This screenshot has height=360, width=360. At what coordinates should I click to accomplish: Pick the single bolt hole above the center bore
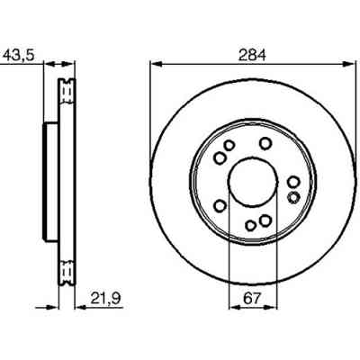point(265,142)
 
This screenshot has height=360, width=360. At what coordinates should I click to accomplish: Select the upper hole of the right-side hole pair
point(294,183)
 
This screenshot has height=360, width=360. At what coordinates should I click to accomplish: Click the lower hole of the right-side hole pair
point(292,196)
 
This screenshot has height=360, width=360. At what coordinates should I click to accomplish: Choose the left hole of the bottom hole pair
point(249,225)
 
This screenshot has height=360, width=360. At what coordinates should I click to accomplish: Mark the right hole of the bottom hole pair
point(265,221)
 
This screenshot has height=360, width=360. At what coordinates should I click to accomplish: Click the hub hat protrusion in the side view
point(49,183)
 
